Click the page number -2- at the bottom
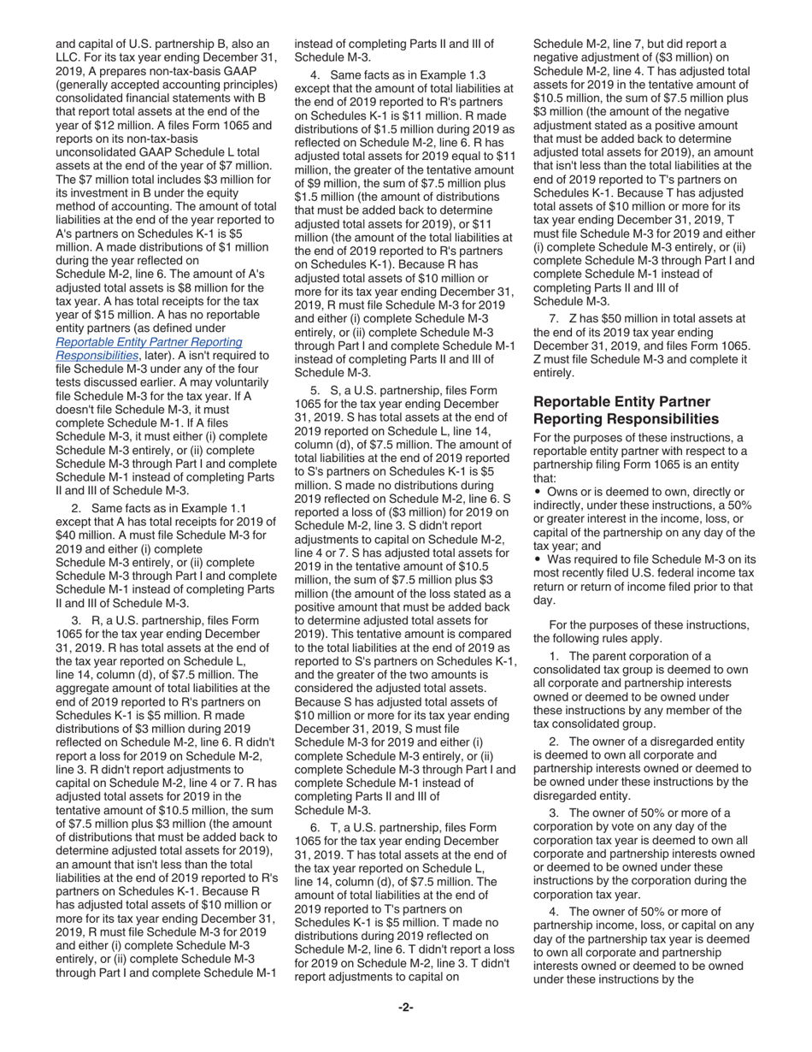(406, 1008)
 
